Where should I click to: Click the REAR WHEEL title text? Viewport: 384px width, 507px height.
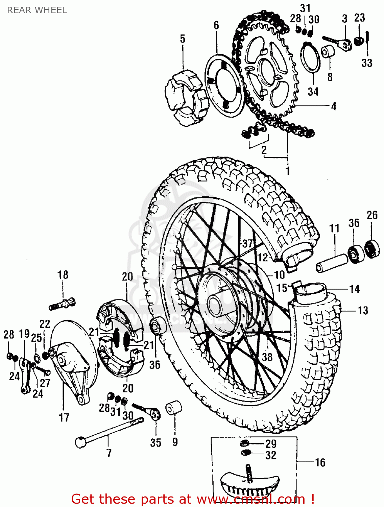(37, 10)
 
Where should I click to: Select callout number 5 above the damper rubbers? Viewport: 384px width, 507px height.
(183, 39)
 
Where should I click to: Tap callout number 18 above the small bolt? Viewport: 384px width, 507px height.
(63, 275)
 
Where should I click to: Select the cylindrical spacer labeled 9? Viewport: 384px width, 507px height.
(174, 408)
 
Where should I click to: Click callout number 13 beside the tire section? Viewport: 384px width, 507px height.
(363, 310)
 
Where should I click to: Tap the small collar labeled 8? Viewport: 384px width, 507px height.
(328, 52)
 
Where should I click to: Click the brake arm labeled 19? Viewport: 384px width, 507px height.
(25, 375)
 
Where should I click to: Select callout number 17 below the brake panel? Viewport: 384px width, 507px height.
(64, 417)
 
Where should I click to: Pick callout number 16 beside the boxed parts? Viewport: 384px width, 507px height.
(320, 462)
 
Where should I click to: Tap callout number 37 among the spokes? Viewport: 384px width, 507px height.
(247, 243)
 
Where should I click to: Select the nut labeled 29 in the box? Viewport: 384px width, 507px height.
(245, 443)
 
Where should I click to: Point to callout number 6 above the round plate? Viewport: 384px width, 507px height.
(216, 25)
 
